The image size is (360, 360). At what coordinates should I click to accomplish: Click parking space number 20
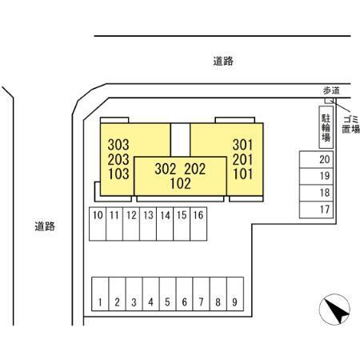316,159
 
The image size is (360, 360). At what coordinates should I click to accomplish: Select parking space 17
316,210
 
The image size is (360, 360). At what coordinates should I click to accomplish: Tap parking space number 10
98,224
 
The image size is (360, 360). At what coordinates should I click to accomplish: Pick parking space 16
198,224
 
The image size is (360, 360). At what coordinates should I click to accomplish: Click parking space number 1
100,294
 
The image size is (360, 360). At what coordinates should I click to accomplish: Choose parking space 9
235,294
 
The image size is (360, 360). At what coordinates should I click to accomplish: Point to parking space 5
167,294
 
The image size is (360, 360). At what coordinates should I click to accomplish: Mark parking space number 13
148,224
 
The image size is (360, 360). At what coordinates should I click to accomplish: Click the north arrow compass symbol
334,310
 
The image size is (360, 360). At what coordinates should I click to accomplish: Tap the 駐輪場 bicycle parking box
326,127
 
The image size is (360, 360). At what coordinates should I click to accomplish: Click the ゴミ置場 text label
351,124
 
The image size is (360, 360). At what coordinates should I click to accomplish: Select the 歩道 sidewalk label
331,90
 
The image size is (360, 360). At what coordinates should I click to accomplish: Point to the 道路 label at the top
223,61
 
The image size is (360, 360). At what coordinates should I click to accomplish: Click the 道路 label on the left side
45,226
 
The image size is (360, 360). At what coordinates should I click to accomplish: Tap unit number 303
118,145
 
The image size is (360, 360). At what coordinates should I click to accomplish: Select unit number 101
242,174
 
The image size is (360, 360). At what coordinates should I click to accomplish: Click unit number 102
181,183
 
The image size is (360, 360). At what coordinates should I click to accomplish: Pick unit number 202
195,169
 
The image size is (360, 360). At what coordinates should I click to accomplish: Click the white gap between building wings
180,140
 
